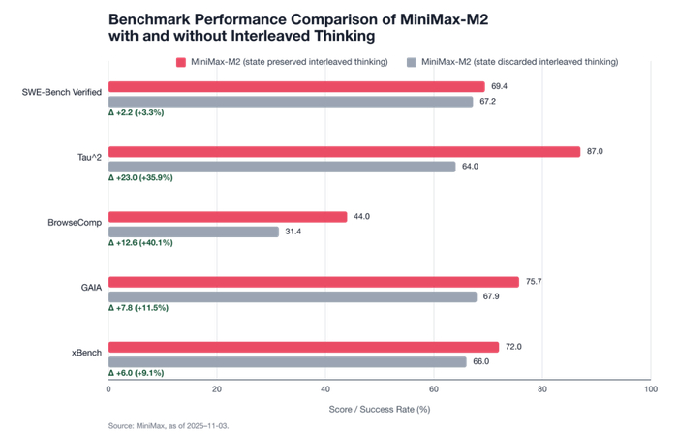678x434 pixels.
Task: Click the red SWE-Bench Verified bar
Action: pyautogui.click(x=296, y=87)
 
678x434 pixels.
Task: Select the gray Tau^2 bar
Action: pyautogui.click(x=282, y=167)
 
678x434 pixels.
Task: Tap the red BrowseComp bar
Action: pyautogui.click(x=228, y=217)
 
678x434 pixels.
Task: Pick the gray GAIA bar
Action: pyautogui.click(x=293, y=296)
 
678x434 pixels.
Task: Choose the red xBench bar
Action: pyautogui.click(x=303, y=347)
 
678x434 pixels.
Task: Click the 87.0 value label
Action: pyautogui.click(x=596, y=152)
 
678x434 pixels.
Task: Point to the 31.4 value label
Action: pyautogui.click(x=293, y=232)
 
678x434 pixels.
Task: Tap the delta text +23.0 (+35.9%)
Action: pyautogui.click(x=140, y=178)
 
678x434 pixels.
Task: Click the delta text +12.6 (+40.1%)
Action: pyautogui.click(x=140, y=243)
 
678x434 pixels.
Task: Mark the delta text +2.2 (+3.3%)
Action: pyautogui.click(x=137, y=113)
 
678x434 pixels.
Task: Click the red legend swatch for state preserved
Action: pyautogui.click(x=181, y=62)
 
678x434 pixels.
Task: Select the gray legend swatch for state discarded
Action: pyautogui.click(x=412, y=62)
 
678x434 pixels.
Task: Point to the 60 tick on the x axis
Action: pyautogui.click(x=434, y=390)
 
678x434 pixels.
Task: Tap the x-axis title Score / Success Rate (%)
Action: pyautogui.click(x=380, y=408)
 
